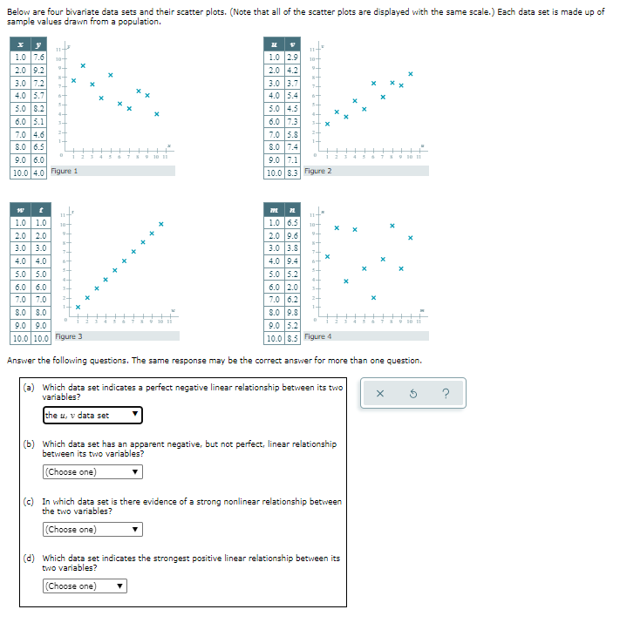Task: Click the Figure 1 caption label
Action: [x=65, y=172]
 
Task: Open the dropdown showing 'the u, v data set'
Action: [x=92, y=415]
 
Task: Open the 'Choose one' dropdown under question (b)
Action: [x=92, y=472]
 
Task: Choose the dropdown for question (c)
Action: [x=92, y=530]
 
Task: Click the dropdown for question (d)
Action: [x=84, y=586]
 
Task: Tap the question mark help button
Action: [x=446, y=394]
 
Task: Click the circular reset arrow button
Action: [x=412, y=394]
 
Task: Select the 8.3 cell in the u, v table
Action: [x=294, y=173]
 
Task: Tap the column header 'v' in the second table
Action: [x=294, y=44]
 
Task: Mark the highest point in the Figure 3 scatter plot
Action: [x=161, y=225]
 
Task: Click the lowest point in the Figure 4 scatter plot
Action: [x=373, y=297]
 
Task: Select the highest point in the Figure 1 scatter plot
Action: [x=83, y=65]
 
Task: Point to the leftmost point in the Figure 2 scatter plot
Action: [x=327, y=124]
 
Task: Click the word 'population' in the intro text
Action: [x=138, y=21]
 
